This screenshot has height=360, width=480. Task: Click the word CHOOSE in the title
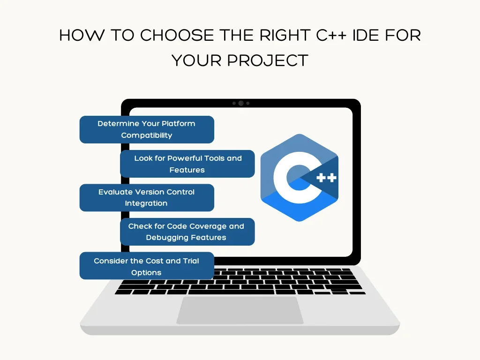tap(177, 35)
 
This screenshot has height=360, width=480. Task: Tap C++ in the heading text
tap(331, 35)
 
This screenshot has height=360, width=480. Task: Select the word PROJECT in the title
tap(268, 60)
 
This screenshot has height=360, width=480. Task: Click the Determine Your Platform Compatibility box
tap(147, 129)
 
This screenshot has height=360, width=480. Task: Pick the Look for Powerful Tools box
tap(187, 164)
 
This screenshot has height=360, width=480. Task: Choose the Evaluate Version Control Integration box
tap(147, 198)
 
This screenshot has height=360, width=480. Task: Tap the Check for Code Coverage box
tap(187, 232)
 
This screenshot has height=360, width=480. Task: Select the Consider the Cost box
tap(147, 266)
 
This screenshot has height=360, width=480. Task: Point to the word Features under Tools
tap(187, 170)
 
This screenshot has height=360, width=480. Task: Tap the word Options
tap(146, 273)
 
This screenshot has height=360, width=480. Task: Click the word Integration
tap(146, 203)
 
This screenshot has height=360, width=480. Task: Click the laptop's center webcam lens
tap(241, 103)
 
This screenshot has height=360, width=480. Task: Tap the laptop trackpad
tap(240, 310)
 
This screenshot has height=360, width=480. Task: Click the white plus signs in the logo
tap(326, 178)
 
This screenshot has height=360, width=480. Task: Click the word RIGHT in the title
tap(285, 35)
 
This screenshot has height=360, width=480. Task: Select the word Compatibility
tap(147, 135)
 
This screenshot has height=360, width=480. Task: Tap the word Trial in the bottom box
tap(191, 261)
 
